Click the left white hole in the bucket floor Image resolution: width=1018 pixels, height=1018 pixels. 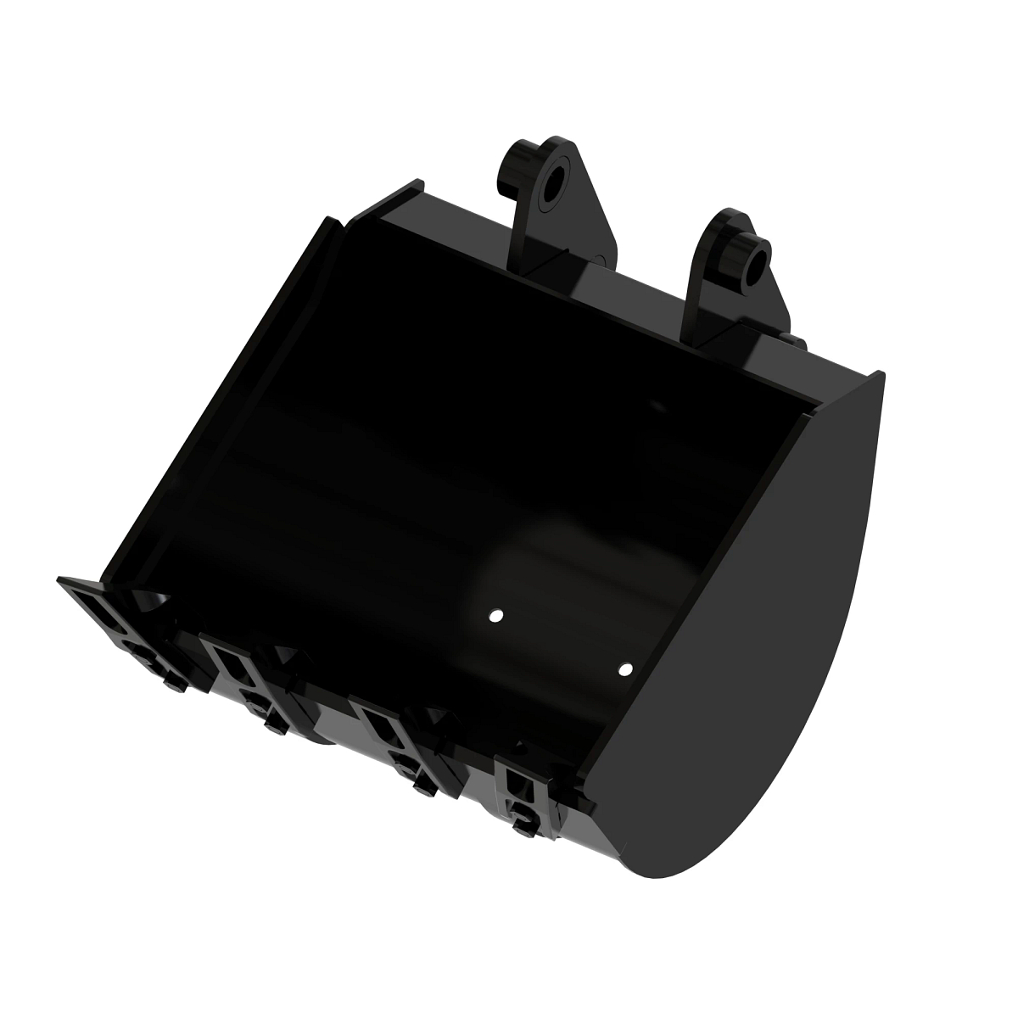(497, 615)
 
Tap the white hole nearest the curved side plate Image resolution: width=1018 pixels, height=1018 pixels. (625, 669)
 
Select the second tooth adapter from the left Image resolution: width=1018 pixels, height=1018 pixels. (233, 670)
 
